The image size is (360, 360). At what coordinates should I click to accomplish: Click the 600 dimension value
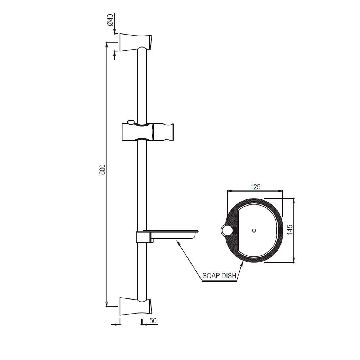tap(102, 170)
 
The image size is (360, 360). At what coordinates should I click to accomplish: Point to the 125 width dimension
tap(255, 186)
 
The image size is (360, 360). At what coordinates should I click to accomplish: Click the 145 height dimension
tap(291, 230)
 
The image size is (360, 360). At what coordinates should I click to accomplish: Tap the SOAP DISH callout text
tap(219, 276)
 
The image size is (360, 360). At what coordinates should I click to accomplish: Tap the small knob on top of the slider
tap(131, 121)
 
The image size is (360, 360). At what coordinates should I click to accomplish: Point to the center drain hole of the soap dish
tap(254, 230)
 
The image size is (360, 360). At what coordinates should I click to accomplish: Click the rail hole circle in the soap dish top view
tap(226, 230)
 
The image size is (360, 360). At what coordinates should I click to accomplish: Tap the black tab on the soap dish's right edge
tap(280, 230)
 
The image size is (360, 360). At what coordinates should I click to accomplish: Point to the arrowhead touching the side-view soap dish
tap(176, 242)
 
